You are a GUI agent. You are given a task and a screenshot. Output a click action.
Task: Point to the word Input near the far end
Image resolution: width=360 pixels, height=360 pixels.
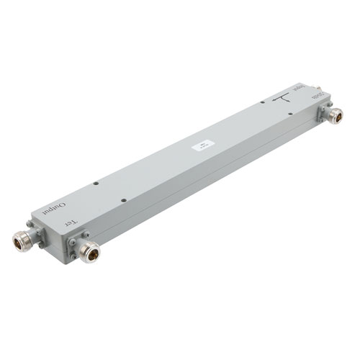tap(305, 89)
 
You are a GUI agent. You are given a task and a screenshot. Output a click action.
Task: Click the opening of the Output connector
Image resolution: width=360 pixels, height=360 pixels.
tap(19, 243)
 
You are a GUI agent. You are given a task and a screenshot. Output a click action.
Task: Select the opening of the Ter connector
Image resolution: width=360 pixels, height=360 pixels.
tap(90, 253)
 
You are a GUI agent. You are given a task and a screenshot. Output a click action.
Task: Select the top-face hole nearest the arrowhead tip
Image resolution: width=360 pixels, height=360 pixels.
tap(263, 104)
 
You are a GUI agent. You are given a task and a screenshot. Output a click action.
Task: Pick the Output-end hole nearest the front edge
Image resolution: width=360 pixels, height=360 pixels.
tap(124, 199)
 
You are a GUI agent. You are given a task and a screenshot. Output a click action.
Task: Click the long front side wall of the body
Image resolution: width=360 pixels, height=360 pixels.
tap(216, 180)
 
